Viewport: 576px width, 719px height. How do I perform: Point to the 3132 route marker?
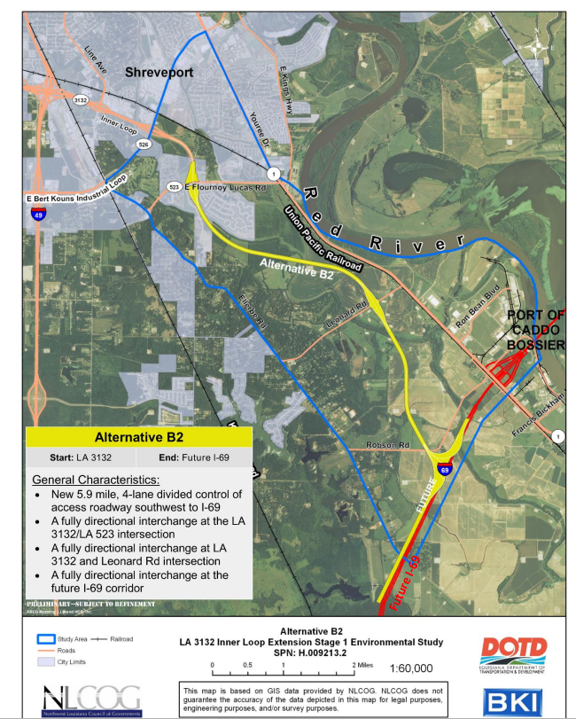coord(81,98)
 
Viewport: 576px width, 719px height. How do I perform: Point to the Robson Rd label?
coord(387,445)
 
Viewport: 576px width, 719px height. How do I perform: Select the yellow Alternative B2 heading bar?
coord(139,437)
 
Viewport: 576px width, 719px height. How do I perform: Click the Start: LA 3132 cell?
coord(81,458)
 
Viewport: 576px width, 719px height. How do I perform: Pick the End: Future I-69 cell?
coord(194,458)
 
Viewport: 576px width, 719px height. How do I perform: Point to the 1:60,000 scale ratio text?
coord(410,668)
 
